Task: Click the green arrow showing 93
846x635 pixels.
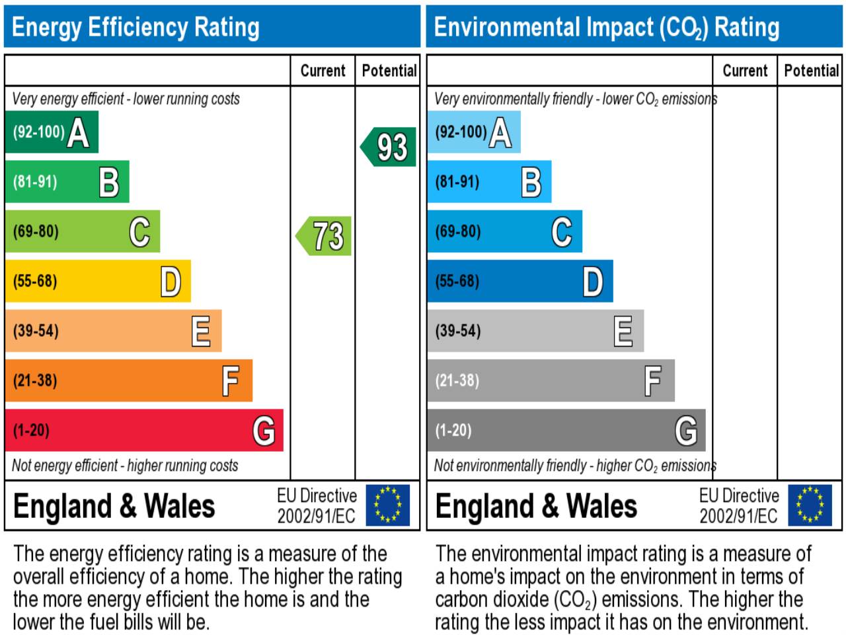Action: pyautogui.click(x=389, y=147)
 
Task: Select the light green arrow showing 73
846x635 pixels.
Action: pyautogui.click(x=325, y=236)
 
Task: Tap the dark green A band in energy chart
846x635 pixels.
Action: pyautogui.click(x=52, y=132)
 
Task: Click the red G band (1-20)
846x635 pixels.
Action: pyautogui.click(x=144, y=431)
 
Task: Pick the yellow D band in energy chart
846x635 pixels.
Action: pyautogui.click(x=98, y=281)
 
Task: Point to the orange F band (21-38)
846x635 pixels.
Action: pyautogui.click(x=129, y=380)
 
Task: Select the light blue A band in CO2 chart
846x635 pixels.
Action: pyautogui.click(x=473, y=132)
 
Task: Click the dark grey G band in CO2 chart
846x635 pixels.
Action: pyautogui.click(x=566, y=431)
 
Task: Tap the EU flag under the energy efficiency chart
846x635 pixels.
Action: pyautogui.click(x=387, y=505)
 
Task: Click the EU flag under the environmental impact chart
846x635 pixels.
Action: pyautogui.click(x=810, y=505)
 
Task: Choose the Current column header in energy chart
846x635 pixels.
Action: pyautogui.click(x=323, y=71)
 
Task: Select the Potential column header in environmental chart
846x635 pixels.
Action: pyautogui.click(x=811, y=71)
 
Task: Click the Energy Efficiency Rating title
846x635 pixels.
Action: pyautogui.click(x=135, y=27)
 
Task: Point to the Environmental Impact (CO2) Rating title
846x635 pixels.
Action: pyautogui.click(x=606, y=27)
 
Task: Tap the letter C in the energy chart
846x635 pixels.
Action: pyautogui.click(x=139, y=232)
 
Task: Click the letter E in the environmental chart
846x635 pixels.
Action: pyautogui.click(x=623, y=331)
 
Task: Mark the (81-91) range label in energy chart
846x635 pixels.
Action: pyautogui.click(x=35, y=182)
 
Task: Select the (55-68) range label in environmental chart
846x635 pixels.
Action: pyautogui.click(x=457, y=281)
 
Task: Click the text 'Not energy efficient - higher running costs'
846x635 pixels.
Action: pyautogui.click(x=125, y=466)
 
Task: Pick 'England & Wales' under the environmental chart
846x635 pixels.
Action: pyautogui.click(x=536, y=506)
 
